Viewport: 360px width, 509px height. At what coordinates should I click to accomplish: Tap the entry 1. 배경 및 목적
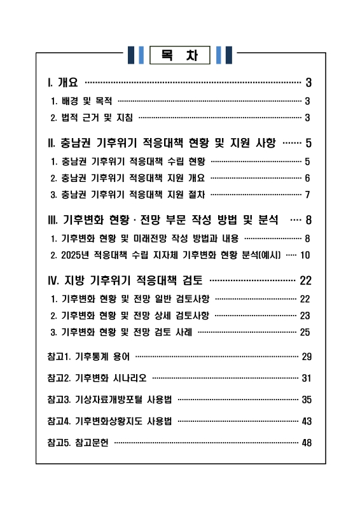tap(81, 101)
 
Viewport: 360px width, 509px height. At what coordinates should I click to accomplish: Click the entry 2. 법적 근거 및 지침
tap(91, 117)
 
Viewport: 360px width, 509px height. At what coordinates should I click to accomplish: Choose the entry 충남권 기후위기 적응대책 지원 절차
tap(130, 194)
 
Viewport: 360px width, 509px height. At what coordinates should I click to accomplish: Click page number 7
tap(307, 194)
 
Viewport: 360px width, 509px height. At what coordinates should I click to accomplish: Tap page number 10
tap(305, 255)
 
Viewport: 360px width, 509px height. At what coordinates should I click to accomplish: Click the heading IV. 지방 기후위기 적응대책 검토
tap(125, 280)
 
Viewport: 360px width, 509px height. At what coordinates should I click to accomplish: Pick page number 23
tap(305, 315)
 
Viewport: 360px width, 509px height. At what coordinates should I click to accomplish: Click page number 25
tap(305, 331)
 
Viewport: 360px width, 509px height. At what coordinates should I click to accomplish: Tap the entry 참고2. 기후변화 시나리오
tap(97, 378)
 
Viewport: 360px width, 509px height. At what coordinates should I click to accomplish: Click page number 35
tap(306, 400)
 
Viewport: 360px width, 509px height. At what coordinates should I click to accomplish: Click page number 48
tap(306, 443)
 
